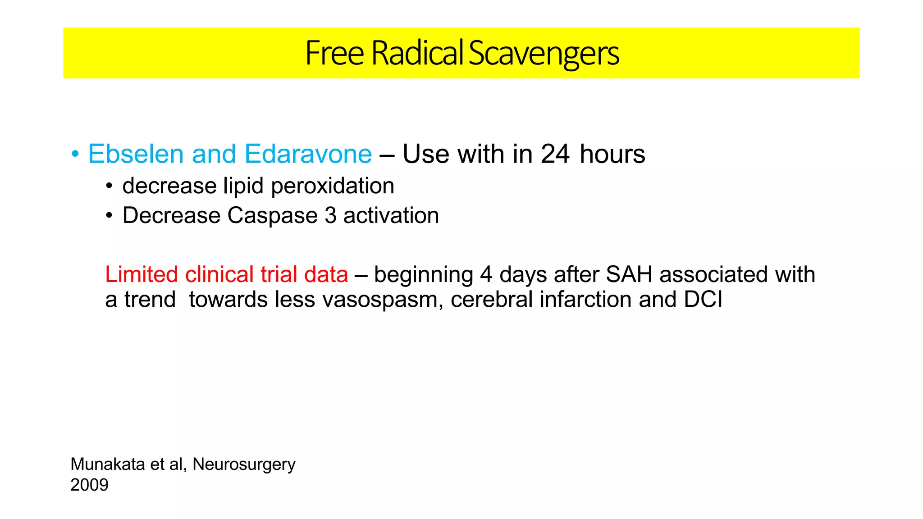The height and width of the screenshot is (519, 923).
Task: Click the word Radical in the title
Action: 417,53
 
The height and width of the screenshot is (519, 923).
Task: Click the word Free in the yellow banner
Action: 334,53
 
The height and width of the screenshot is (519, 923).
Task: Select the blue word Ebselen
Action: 136,154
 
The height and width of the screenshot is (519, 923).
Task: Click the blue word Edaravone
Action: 308,154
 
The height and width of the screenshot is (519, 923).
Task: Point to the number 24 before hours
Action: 555,154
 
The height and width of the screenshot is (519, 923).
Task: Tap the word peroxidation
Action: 333,186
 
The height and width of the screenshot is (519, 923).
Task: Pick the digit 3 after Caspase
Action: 330,215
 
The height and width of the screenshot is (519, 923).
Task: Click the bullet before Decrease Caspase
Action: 109,216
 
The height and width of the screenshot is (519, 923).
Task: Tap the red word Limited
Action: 142,274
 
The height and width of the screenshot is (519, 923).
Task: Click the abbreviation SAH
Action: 629,274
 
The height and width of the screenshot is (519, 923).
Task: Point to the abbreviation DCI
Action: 703,300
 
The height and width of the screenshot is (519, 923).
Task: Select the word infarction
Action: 586,300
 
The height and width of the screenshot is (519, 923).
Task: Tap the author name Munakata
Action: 107,464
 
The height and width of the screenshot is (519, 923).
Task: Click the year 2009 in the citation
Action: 89,485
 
